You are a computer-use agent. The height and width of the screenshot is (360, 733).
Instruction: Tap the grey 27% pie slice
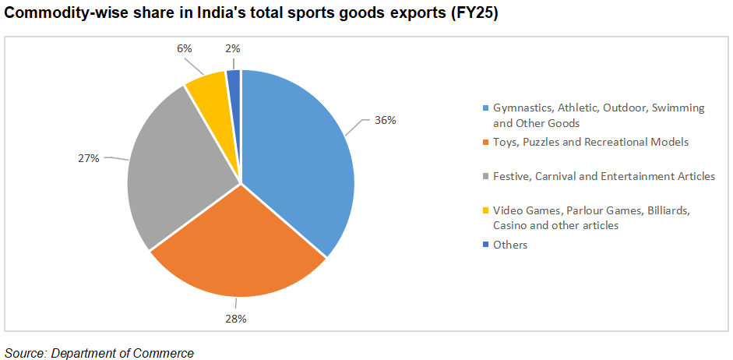pyautogui.click(x=183, y=171)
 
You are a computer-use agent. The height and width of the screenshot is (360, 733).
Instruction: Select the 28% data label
pyautogui.click(x=237, y=319)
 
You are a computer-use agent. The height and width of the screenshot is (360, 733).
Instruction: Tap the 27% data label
pyautogui.click(x=89, y=158)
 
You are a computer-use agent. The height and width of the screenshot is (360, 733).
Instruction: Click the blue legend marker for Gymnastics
pyautogui.click(x=485, y=108)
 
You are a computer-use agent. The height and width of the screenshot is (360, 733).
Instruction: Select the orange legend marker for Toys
pyautogui.click(x=485, y=142)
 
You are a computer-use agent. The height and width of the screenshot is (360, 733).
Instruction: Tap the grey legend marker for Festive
pyautogui.click(x=485, y=177)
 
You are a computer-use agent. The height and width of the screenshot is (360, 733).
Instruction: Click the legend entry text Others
pyautogui.click(x=510, y=245)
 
